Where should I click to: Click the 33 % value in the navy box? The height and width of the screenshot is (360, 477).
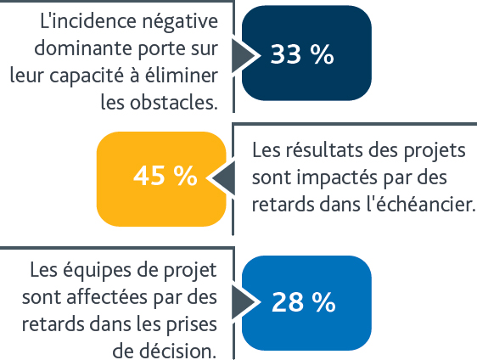pyautogui.click(x=302, y=54)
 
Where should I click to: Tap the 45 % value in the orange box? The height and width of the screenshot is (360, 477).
pyautogui.click(x=166, y=176)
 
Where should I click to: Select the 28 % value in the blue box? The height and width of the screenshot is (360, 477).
pyautogui.click(x=303, y=302)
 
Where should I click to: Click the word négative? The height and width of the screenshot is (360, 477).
pyautogui.click(x=180, y=22)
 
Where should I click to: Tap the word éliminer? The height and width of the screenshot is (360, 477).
pyautogui.click(x=182, y=75)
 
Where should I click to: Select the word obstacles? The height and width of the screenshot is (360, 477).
pyautogui.click(x=174, y=102)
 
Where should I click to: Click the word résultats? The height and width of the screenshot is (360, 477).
pyautogui.click(x=324, y=149)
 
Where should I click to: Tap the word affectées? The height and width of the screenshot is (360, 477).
pyautogui.click(x=107, y=296)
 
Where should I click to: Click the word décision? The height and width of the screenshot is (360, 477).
pyautogui.click(x=176, y=351)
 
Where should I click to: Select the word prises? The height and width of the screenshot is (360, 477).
pyautogui.click(x=191, y=325)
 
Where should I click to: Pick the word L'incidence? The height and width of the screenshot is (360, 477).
pyautogui.click(x=88, y=20)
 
